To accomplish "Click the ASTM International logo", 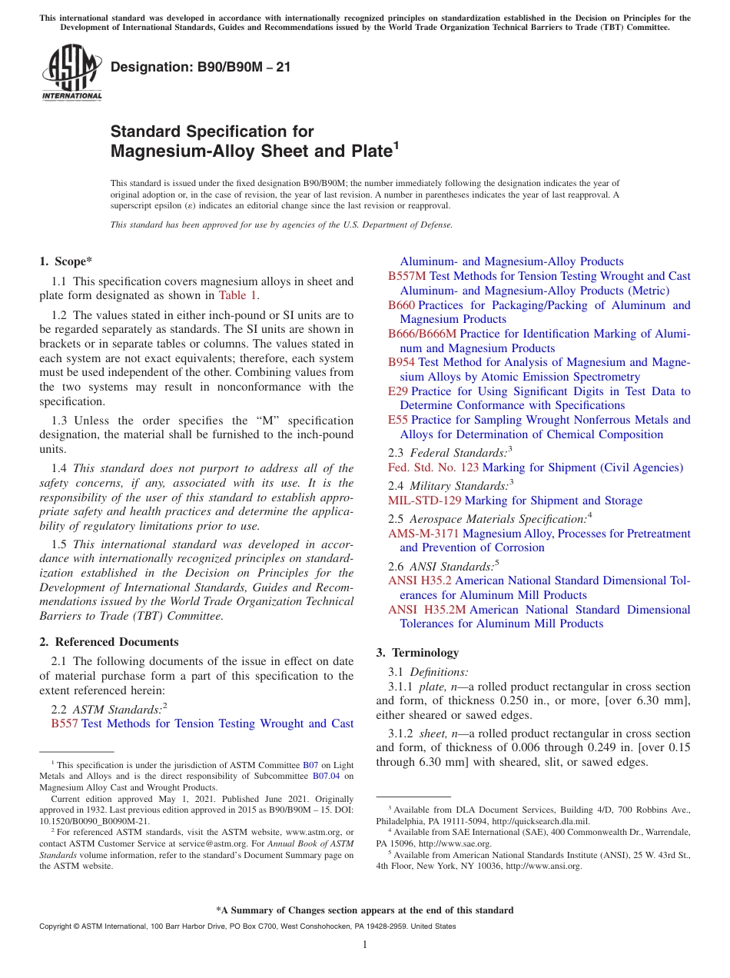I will coord(71,74).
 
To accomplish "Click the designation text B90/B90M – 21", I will coord(201,68).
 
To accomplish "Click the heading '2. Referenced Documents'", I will coord(109,642).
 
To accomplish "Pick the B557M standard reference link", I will coord(406,276).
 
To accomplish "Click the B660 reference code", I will coord(401,305).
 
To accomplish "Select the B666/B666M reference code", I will coord(422,334).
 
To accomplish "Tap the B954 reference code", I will coord(401,362).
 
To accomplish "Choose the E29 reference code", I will coord(397,391).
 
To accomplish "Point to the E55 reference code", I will coord(398,420).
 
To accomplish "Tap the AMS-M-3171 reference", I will coord(423,534).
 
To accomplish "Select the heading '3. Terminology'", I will coord(417,653).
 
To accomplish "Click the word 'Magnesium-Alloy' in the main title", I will coord(174,151).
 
